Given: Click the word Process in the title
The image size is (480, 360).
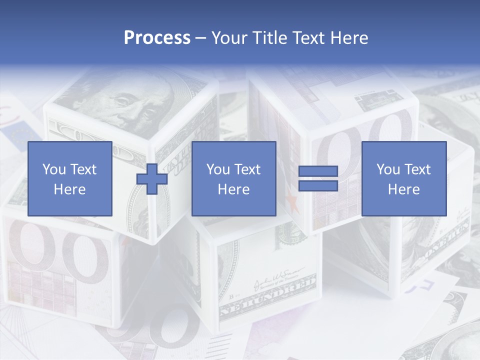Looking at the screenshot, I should (x=157, y=38).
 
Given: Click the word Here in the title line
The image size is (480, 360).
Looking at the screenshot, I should (x=350, y=38).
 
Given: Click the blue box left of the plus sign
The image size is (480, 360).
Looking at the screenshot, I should (x=69, y=178).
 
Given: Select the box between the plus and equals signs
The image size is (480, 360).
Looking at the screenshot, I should (x=233, y=178).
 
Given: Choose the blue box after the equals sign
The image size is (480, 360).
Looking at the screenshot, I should (x=403, y=178).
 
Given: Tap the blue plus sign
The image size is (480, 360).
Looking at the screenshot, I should (x=152, y=178).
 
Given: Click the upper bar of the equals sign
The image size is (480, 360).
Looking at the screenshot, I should (x=318, y=171).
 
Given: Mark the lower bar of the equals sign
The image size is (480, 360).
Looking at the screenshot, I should (x=318, y=185).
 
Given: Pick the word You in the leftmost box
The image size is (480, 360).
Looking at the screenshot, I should (x=53, y=169).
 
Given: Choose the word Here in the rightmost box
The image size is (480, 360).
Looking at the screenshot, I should (x=403, y=189).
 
